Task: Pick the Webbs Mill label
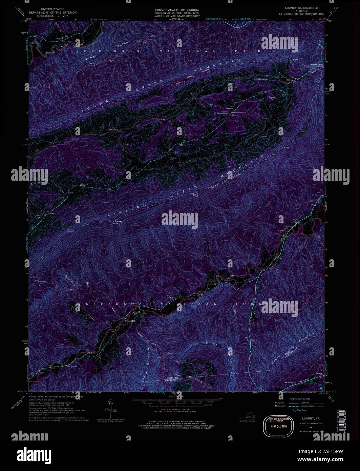(x=130, y=321)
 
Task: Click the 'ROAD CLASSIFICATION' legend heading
(x=297, y=399)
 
